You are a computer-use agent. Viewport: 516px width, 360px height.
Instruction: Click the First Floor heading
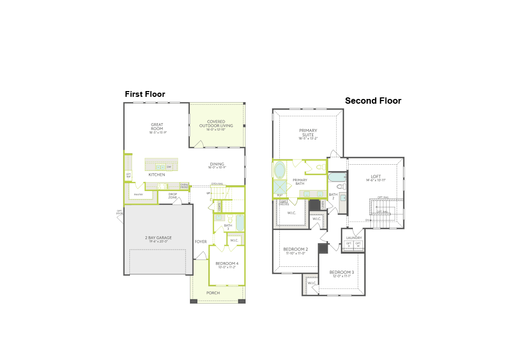(145, 94)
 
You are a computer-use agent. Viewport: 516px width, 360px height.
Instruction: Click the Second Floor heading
(373, 101)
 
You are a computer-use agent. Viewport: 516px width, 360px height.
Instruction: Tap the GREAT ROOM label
(157, 127)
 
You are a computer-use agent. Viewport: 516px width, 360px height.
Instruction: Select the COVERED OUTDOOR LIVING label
(216, 124)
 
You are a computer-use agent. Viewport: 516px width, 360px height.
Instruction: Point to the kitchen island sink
(159, 167)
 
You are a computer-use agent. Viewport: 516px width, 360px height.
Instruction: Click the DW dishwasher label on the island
(169, 167)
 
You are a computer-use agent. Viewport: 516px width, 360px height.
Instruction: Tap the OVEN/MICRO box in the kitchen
(184, 186)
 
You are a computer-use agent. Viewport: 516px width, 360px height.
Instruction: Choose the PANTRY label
(138, 195)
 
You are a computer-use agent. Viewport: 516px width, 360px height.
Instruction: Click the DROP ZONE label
(173, 195)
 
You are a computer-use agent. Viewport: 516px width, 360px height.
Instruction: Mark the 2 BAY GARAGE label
(158, 237)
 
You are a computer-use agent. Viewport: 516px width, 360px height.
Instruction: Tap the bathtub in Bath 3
(240, 223)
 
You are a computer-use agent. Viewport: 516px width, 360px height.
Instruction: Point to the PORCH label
(213, 293)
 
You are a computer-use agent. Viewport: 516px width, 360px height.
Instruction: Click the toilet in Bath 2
(340, 186)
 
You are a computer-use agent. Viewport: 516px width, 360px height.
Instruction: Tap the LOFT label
(376, 176)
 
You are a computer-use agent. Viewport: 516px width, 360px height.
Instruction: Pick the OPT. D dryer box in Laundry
(348, 245)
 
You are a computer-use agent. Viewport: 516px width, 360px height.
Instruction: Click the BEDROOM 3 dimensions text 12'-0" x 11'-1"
(342, 276)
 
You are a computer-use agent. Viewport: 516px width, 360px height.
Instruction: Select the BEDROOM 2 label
(296, 249)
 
